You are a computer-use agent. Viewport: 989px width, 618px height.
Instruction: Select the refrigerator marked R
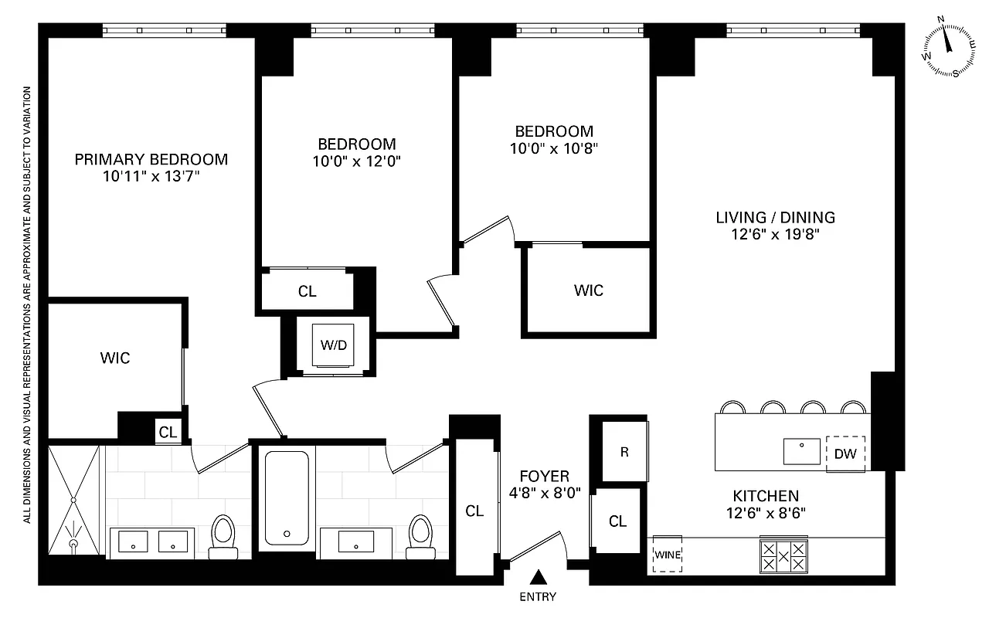(x=624, y=452)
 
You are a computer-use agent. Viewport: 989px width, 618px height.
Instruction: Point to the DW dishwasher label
(x=845, y=453)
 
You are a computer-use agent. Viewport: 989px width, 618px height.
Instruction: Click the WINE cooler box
(x=668, y=554)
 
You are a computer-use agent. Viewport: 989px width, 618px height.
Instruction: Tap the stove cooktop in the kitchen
(x=783, y=555)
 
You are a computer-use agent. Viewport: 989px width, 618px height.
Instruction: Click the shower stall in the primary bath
(x=74, y=498)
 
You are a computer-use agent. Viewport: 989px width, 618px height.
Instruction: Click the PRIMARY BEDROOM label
(x=151, y=160)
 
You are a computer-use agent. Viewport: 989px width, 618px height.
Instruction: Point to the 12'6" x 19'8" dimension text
(x=775, y=235)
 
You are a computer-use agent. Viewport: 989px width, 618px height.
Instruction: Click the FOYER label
(x=544, y=477)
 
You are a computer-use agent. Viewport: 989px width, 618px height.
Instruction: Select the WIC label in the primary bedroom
(x=114, y=358)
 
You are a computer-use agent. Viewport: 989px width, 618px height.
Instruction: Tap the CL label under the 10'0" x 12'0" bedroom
(x=307, y=291)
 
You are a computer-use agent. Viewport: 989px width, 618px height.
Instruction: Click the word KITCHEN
(x=765, y=496)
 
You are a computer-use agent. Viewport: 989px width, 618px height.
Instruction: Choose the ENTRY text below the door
(x=537, y=596)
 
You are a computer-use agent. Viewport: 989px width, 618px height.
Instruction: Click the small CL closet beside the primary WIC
(x=168, y=433)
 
